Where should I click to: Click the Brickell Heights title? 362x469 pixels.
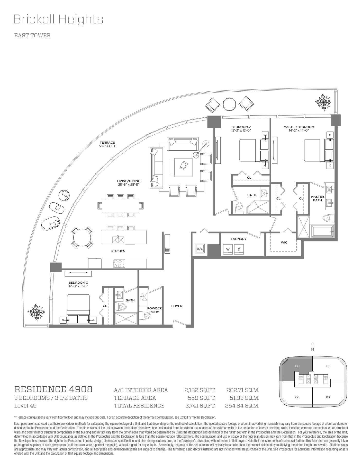point(58,19)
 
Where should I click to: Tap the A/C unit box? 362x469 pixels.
point(200,249)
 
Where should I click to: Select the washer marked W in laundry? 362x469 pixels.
point(228,250)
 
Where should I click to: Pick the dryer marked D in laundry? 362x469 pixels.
point(239,250)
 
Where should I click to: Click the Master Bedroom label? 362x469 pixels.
point(298,127)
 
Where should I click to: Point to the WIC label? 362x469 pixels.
point(284,242)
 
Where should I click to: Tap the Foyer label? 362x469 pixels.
point(177,306)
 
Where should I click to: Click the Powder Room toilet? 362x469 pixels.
point(146,315)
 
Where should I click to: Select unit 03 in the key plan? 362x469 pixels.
point(328,397)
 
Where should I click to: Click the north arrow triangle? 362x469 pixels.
point(313,343)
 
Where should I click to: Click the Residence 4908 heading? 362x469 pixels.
point(53,389)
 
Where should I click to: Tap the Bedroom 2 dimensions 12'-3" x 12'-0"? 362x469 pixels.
point(241,131)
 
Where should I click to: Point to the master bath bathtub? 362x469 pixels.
point(323,231)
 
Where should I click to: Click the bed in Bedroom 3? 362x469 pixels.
point(78,309)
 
